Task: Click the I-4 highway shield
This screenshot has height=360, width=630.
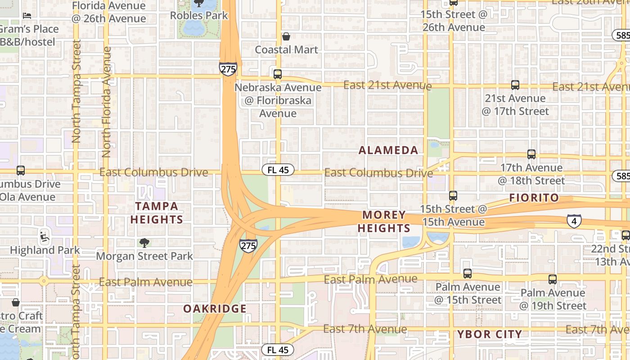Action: coord(574,220)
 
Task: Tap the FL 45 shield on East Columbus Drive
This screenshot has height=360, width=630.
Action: coord(278,170)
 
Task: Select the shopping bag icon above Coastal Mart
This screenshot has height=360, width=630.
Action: coord(286,36)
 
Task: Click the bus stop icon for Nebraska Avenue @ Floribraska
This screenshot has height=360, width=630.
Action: coord(278,74)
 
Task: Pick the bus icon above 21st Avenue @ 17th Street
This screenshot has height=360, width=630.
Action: coord(515,85)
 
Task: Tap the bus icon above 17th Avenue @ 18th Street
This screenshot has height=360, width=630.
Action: coord(531,154)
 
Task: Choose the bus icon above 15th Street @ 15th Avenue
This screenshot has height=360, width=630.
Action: coord(453,196)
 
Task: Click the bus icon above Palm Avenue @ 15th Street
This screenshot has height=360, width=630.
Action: coord(468,273)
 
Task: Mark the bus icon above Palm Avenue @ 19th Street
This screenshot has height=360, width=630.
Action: coord(553,279)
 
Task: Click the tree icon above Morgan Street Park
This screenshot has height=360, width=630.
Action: coord(144,243)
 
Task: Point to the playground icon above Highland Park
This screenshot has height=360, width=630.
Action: coord(44,235)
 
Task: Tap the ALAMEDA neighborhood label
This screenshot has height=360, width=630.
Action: coord(388,150)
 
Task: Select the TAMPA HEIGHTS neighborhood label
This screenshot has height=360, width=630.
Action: coord(157,213)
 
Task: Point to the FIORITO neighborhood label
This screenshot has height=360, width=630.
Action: coord(534,198)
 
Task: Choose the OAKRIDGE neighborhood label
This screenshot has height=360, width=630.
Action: coord(215,309)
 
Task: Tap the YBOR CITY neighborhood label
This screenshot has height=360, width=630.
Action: coord(490,334)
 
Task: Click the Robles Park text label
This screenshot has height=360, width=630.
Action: coord(199,15)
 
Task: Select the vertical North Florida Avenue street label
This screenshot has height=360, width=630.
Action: coord(107,102)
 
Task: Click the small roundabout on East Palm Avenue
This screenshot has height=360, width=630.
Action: coord(44,282)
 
